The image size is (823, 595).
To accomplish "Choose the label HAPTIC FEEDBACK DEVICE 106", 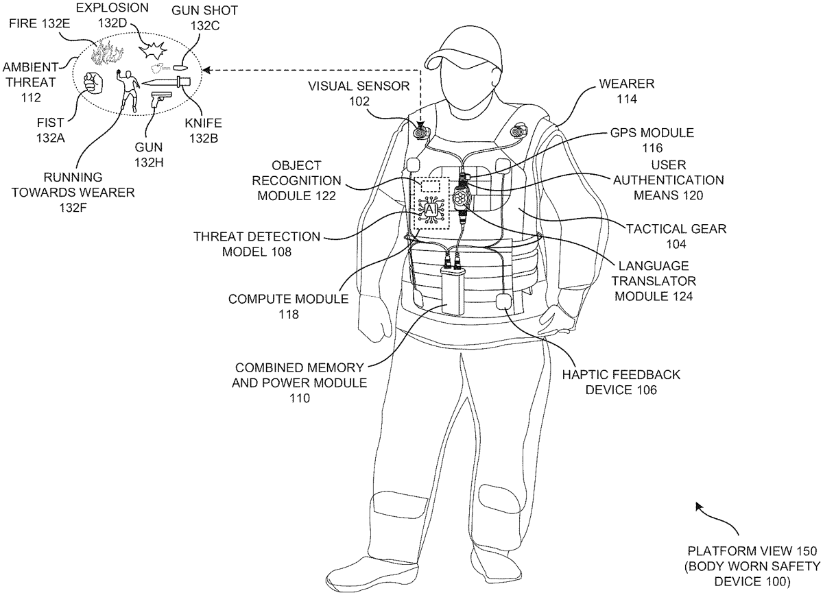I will tap(621, 382).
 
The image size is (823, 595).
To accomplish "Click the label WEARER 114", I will tap(626, 90).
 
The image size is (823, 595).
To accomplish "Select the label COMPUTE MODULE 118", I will tap(288, 306).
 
